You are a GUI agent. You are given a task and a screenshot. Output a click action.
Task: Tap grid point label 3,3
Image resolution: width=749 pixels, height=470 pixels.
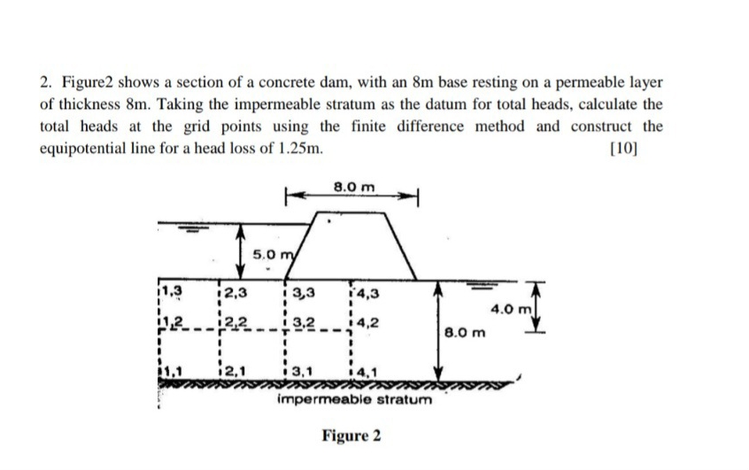click(x=303, y=290)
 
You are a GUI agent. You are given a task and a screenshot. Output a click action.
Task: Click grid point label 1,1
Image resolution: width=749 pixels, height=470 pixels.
click(x=171, y=375)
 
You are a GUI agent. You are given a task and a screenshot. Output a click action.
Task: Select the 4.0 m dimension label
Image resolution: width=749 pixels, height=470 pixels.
click(x=512, y=310)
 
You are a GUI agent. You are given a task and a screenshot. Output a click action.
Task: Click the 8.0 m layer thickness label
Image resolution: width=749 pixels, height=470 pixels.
click(x=468, y=335)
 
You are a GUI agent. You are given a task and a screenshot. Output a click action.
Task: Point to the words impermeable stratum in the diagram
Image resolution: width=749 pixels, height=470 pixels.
click(x=354, y=400)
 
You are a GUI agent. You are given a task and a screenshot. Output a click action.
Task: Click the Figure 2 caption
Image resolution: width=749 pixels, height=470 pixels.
click(x=351, y=436)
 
